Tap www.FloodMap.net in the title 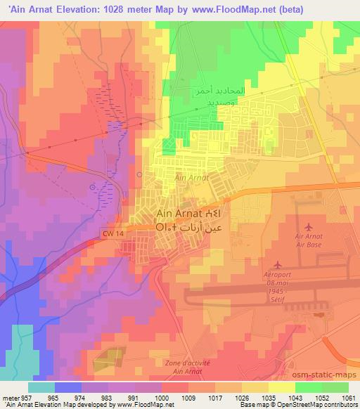pos(231,9)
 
